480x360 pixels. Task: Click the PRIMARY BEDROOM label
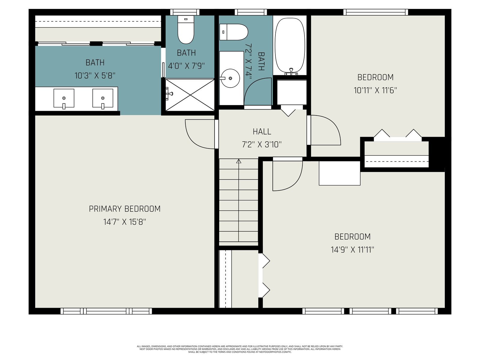pos(124,209)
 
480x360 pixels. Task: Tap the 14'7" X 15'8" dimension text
pos(124,222)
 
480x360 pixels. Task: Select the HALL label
pos(262,132)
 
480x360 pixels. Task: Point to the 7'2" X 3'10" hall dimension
pos(262,145)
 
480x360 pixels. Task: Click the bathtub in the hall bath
pos(290,45)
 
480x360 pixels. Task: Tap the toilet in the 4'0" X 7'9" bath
pos(186,29)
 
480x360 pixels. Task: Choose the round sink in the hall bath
pos(230,78)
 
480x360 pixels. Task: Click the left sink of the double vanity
pos(64,98)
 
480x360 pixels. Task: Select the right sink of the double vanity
pos(103,98)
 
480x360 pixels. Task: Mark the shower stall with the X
pos(190,95)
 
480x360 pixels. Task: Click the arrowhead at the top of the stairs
pos(238,161)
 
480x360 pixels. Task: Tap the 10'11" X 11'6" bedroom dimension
pos(375,90)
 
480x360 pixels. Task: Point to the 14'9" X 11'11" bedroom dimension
pos(352,249)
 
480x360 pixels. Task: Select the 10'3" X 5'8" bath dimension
pos(95,76)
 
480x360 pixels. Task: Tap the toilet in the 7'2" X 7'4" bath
pos(233,32)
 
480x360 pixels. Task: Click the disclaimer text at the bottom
pos(240,349)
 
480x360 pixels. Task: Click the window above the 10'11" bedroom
pos(376,12)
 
